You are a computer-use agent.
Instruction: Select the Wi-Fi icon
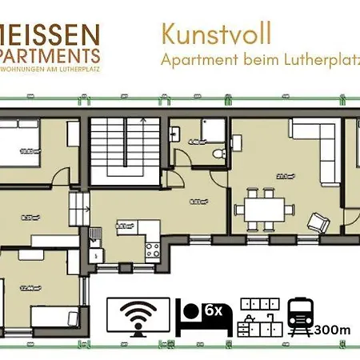(138, 316)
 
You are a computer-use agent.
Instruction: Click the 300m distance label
(333, 329)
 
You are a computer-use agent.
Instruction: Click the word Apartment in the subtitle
(194, 59)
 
